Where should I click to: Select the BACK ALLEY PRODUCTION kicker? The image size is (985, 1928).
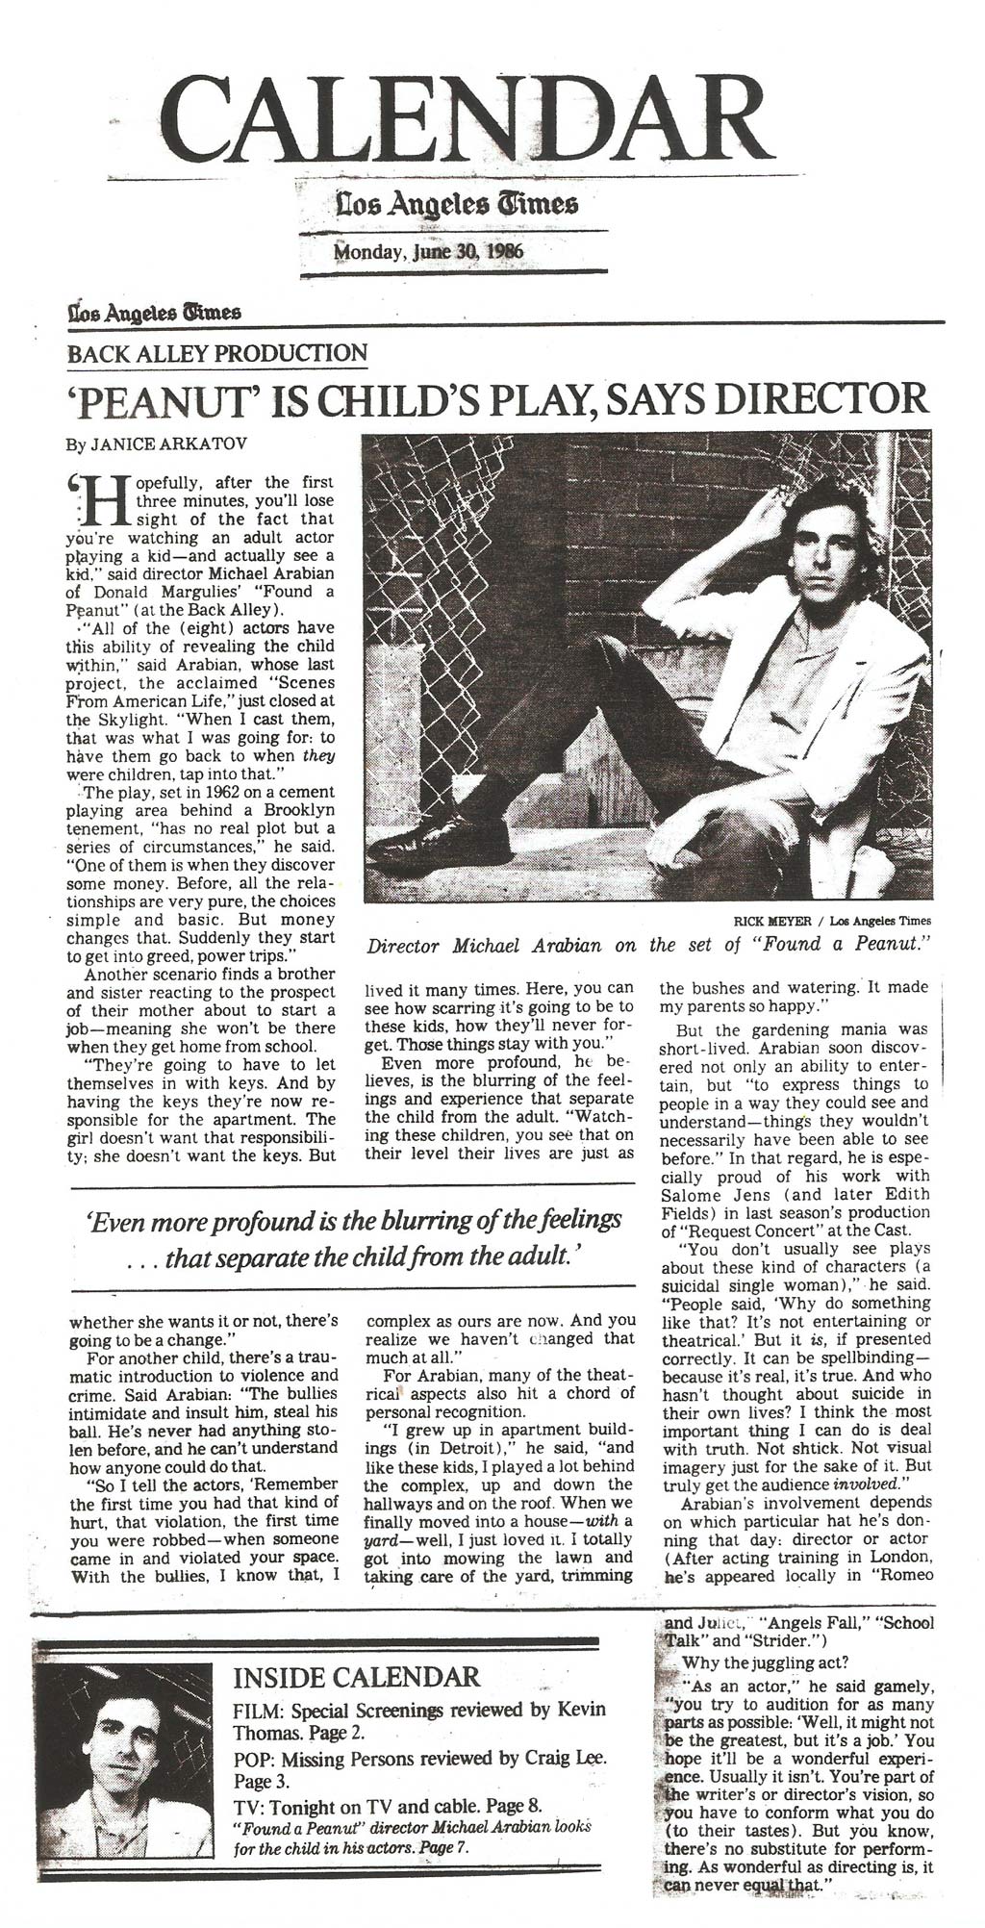coord(216,352)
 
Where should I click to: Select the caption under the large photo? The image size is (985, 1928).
coord(650,945)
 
